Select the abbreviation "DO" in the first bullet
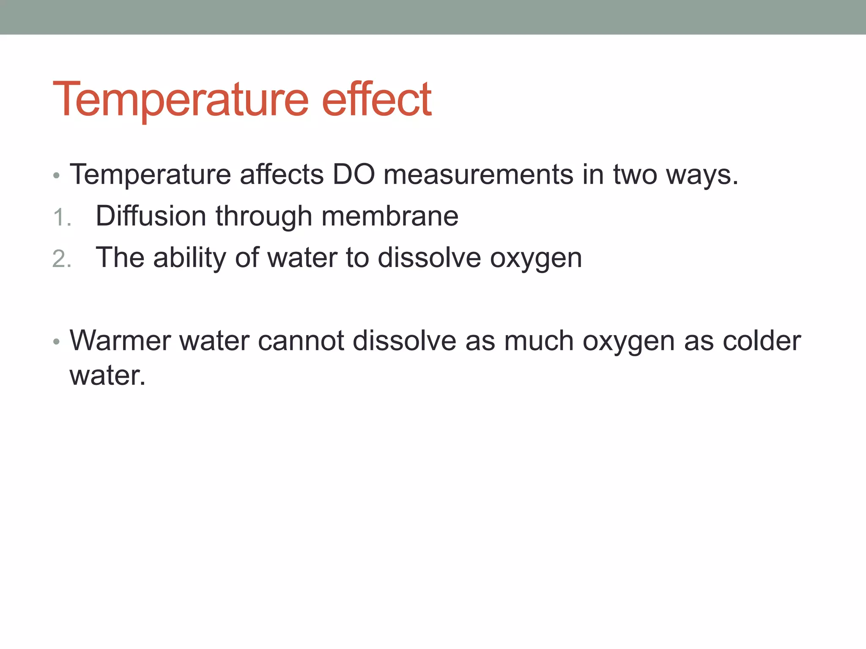click(354, 174)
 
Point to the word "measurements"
click(478, 174)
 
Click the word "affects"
click(282, 174)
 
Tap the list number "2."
click(62, 259)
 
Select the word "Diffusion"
click(151, 216)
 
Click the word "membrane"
click(390, 216)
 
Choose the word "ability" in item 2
click(189, 258)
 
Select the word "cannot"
click(301, 341)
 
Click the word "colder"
click(762, 341)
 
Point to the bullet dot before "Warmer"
click(57, 342)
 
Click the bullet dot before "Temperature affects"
click(57, 175)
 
